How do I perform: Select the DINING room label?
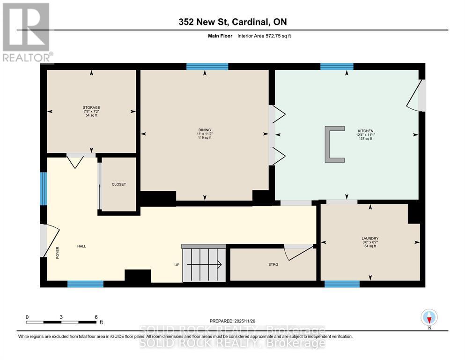204,130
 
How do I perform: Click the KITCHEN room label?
352,131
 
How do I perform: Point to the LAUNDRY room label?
370,239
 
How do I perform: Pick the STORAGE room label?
92,108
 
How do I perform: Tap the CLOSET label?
119,184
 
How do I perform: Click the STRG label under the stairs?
273,265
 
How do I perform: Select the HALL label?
82,246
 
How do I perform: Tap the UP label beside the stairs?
177,265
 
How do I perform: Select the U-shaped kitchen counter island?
334,144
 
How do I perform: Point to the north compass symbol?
429,317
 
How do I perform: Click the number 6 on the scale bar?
96,317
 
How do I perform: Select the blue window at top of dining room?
207,67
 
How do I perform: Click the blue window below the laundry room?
342,284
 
